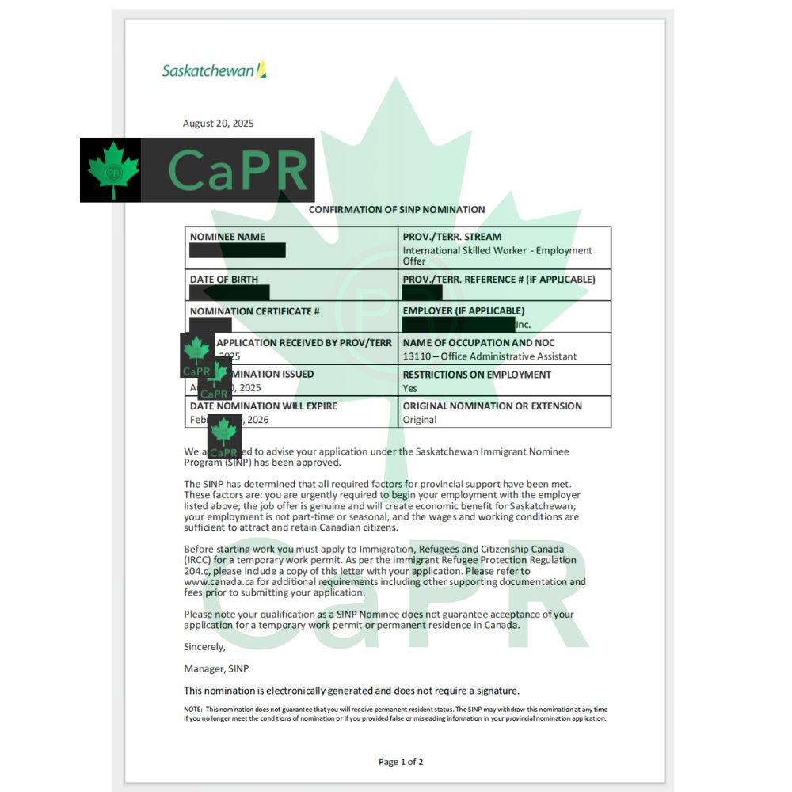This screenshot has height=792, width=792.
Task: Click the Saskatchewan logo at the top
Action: tap(214, 70)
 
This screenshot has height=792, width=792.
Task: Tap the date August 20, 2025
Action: tap(219, 124)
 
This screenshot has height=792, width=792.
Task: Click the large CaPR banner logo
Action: tap(197, 169)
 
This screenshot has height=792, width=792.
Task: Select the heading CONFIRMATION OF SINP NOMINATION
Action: tap(396, 210)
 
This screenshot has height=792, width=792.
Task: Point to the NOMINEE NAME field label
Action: tap(227, 237)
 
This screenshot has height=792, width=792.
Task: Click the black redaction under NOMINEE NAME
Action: tap(238, 251)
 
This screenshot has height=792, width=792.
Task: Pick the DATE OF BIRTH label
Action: tap(224, 280)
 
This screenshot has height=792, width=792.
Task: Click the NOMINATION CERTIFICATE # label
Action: tap(254, 311)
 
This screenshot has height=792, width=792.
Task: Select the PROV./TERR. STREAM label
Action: tap(451, 237)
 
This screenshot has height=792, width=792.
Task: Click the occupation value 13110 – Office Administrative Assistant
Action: tap(489, 356)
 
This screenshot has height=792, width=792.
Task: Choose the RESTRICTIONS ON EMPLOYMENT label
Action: tap(477, 375)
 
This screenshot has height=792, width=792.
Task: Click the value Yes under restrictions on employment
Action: tap(410, 388)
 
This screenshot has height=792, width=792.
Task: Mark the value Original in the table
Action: tap(420, 420)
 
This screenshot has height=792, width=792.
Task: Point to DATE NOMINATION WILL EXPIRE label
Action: tap(263, 406)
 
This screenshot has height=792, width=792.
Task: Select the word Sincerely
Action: tap(204, 646)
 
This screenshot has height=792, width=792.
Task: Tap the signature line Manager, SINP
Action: tap(216, 668)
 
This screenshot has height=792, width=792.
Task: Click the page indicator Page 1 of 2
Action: tap(401, 762)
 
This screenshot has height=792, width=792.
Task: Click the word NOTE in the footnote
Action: tap(192, 710)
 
